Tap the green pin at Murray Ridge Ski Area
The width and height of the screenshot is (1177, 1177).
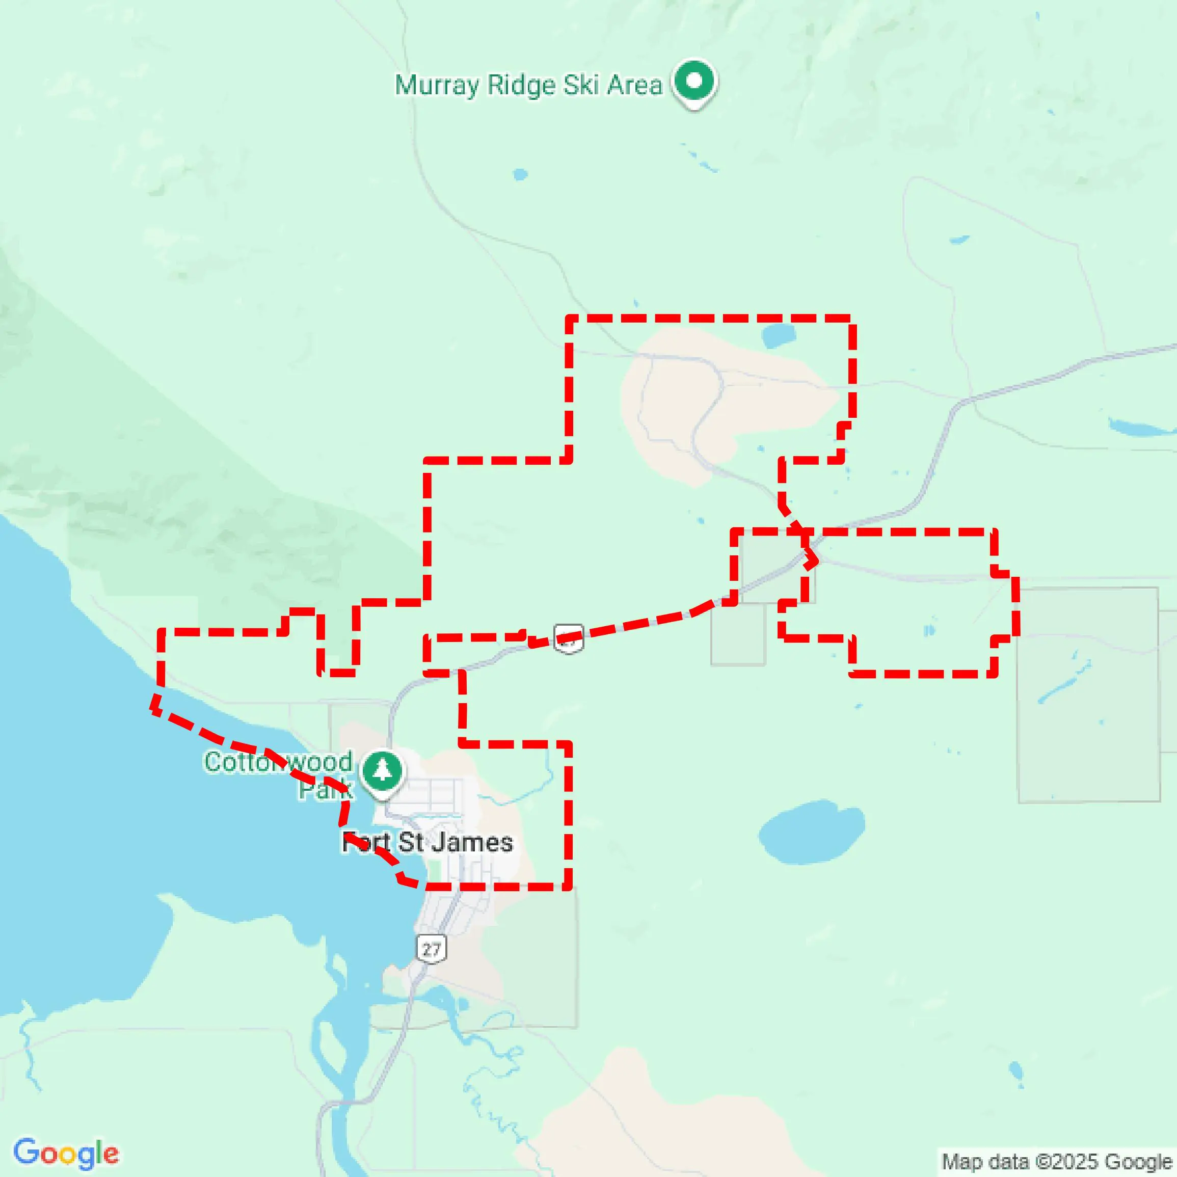click(x=694, y=82)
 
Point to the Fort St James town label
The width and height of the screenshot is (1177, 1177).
click(x=427, y=843)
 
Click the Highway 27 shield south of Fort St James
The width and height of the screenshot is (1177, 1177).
click(x=432, y=949)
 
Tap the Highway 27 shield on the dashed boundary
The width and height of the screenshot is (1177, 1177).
click(x=569, y=639)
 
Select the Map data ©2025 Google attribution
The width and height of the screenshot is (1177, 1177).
click(x=1056, y=1162)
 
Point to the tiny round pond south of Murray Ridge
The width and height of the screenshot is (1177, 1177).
click(x=520, y=175)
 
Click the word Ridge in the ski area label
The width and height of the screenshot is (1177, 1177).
click(x=521, y=85)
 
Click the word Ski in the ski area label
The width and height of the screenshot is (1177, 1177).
click(x=581, y=85)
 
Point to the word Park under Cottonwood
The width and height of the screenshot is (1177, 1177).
click(x=325, y=790)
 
